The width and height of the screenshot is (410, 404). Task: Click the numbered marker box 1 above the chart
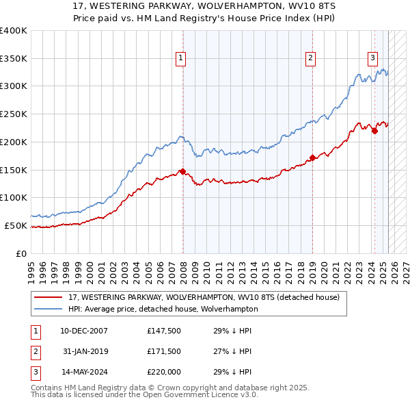coord(181,59)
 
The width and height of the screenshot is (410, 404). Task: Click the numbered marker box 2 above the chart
coord(310,59)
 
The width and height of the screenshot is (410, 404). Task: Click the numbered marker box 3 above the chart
coord(373,59)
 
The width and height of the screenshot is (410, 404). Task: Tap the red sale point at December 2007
coord(182,171)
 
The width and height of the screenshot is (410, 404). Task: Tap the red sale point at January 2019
coord(312,157)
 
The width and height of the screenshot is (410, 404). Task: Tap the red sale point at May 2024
coord(374,131)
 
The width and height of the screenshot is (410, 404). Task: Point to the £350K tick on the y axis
coord(14,58)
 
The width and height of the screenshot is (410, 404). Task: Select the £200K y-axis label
coord(14,142)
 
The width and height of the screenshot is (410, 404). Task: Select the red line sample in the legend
coord(49,298)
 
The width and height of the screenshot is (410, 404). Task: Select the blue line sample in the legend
coord(49,309)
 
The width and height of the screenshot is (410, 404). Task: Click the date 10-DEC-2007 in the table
coord(83,331)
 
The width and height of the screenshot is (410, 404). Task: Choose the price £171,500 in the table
coord(164,351)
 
